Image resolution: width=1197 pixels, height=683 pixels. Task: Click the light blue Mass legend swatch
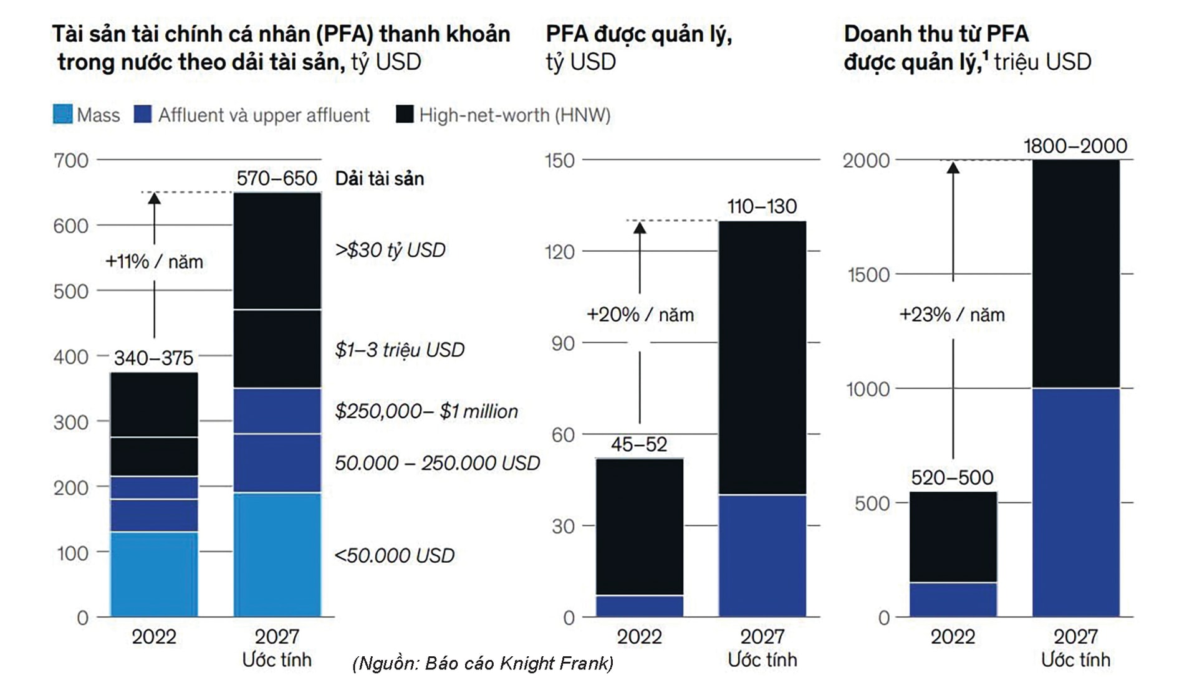(62, 115)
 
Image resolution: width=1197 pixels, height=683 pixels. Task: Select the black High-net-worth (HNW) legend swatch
(405, 115)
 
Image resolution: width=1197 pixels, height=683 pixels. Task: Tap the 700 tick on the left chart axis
(71, 161)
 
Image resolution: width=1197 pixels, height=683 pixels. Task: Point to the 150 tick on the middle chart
(559, 161)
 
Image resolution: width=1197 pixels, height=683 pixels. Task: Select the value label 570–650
(277, 179)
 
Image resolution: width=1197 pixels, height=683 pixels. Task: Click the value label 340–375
(153, 358)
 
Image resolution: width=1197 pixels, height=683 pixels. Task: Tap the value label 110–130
(762, 206)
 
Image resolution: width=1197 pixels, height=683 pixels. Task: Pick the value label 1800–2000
(1075, 146)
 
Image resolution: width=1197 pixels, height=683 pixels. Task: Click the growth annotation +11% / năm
(154, 262)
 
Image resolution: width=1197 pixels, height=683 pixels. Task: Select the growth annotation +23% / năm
(952, 315)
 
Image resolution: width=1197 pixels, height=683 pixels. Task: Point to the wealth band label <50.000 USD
(395, 555)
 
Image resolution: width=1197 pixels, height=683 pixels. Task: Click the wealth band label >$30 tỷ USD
(390, 250)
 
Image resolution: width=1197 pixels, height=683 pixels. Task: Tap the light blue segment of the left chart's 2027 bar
(277, 555)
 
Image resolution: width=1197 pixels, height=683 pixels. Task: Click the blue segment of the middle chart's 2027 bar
(762, 555)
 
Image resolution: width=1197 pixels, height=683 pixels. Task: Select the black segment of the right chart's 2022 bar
(953, 537)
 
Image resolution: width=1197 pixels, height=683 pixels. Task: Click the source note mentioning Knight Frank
(483, 663)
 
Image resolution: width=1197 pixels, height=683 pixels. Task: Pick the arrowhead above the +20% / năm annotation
(640, 228)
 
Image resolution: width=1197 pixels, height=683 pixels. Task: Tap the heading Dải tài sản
(380, 179)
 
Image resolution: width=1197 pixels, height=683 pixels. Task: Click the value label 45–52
(639, 444)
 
